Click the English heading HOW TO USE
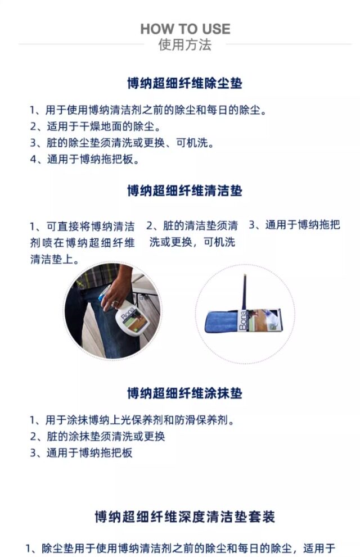(x=185, y=29)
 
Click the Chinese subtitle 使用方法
(x=185, y=45)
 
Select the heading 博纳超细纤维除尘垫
(x=184, y=84)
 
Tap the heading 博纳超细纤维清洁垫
(x=184, y=191)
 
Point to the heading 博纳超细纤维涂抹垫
(x=184, y=393)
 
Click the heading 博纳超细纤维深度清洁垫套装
(x=184, y=517)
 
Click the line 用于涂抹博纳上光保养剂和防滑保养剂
(x=132, y=420)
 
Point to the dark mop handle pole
(x=245, y=292)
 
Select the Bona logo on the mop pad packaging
(x=242, y=323)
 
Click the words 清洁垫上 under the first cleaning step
(x=54, y=260)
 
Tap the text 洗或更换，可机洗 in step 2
(x=192, y=243)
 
